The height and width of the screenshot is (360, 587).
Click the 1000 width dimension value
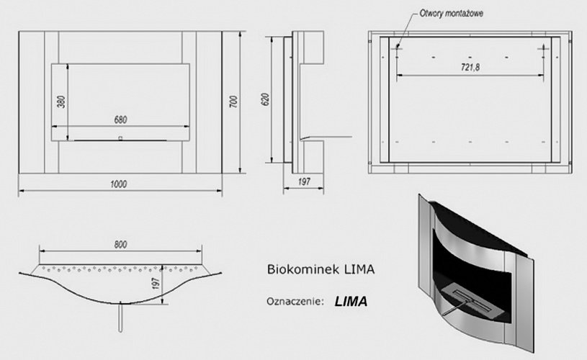tap(120, 184)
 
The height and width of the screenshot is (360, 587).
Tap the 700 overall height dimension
tap(233, 102)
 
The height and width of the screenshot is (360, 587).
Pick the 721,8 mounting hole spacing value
tap(470, 66)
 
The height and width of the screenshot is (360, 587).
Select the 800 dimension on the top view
tap(121, 245)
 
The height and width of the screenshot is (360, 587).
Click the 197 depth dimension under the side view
tap(304, 182)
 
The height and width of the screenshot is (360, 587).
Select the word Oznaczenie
tap(290, 301)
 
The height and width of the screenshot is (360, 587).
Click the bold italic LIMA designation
tap(351, 302)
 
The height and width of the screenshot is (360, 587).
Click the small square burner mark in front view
tap(120, 136)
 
